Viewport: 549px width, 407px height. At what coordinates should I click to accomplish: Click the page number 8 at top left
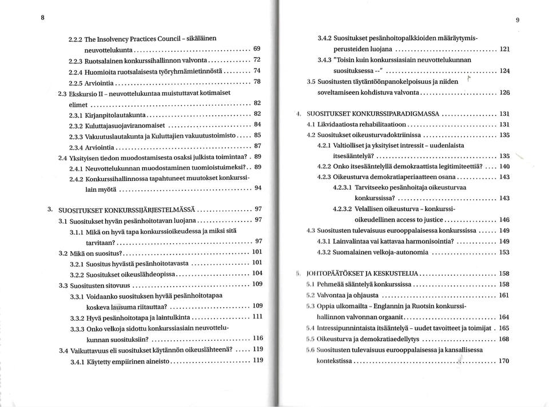(43, 17)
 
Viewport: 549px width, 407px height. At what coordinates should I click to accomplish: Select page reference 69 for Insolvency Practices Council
(257, 49)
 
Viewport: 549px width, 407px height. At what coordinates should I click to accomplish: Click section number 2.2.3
(77, 59)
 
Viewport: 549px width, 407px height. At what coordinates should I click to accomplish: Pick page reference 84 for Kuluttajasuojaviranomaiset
(257, 124)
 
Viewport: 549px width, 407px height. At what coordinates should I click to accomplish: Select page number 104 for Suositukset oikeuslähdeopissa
(257, 273)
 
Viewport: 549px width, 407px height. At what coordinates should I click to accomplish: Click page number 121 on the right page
(504, 49)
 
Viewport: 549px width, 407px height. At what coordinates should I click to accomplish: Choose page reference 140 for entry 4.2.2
(504, 166)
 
